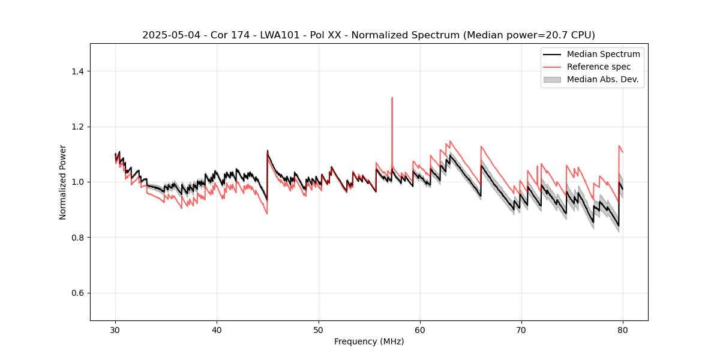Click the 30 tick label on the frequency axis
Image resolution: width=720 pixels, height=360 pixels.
(x=116, y=329)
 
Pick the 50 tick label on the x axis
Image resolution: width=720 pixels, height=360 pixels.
(x=319, y=329)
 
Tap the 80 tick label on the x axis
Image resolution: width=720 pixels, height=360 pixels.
(x=623, y=329)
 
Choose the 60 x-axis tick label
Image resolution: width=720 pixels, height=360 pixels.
(x=420, y=329)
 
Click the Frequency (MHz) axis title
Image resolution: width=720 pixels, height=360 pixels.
(x=369, y=341)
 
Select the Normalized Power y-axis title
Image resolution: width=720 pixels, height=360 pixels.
(x=63, y=182)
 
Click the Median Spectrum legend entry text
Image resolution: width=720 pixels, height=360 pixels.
(x=603, y=54)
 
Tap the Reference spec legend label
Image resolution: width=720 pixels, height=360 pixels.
(x=599, y=67)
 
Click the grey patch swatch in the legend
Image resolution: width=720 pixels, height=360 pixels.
(x=552, y=79)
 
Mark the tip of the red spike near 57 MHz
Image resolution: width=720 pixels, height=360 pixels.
(x=392, y=98)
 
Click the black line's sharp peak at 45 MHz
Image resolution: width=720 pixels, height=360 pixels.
(x=268, y=151)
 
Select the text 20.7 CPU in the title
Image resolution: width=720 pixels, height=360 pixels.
(x=567, y=35)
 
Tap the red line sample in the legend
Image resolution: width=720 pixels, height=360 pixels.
(x=552, y=67)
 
